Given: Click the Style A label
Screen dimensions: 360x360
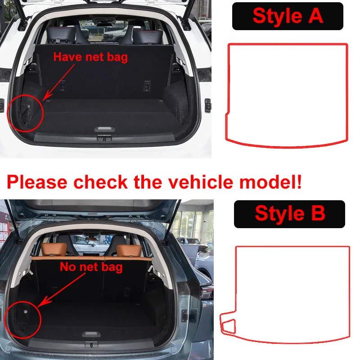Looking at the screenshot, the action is coord(288,16).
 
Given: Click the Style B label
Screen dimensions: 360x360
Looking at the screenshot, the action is coord(289,214).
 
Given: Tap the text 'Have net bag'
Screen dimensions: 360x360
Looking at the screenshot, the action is coord(90,57).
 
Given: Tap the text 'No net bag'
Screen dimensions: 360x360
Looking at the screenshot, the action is coord(91,267).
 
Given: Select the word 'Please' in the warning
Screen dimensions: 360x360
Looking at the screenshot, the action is coord(37,182).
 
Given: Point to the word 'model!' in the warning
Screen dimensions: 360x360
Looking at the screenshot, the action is coord(270,182).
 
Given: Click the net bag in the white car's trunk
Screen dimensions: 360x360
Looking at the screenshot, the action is coord(25,116).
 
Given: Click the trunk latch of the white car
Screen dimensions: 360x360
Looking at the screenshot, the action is coord(104,138).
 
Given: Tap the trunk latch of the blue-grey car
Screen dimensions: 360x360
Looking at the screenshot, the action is coord(91,344).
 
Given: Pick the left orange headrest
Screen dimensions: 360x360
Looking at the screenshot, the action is coord(54,250).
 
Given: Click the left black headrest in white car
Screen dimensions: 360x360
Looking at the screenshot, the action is coord(61,35).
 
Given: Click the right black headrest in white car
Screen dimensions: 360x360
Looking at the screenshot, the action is coord(148,36).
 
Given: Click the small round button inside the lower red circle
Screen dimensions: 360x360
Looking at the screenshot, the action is coord(26,312).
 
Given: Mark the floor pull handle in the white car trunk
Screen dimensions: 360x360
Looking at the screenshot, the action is coord(104,129).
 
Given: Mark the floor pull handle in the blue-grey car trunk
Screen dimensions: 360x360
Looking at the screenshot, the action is coord(91,334).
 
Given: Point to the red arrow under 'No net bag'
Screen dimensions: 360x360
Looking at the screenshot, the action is coord(62,290).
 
